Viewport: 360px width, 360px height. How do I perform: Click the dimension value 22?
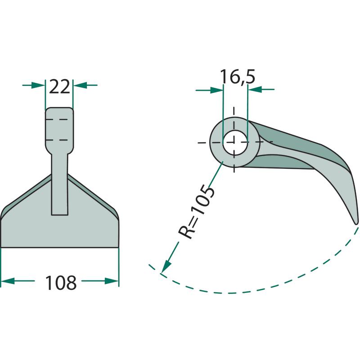[59, 87]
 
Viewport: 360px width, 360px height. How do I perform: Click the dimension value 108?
[61, 283]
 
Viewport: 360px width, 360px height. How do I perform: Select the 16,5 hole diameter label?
[238, 76]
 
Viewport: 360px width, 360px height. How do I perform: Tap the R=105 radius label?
[197, 212]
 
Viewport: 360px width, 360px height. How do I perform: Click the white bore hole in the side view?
[234, 143]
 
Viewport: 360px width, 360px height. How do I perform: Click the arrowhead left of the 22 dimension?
[38, 85]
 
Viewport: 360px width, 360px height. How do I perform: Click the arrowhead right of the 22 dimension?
[80, 85]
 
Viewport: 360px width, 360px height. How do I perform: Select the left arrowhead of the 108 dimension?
[8, 281]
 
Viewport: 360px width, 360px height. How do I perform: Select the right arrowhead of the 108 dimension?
[112, 281]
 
